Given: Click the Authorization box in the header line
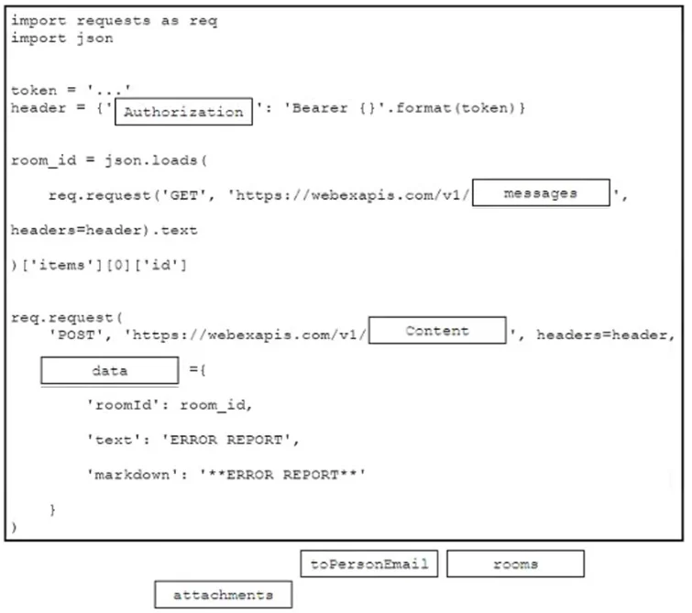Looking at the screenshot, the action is point(183,112).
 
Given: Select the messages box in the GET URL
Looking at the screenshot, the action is point(541,192).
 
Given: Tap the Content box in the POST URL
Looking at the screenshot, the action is point(437,330).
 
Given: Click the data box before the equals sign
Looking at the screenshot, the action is point(110,370).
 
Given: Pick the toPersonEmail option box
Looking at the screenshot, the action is point(369,564).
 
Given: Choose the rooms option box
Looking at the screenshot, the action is point(515,564).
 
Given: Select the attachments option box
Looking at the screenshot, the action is point(224,595).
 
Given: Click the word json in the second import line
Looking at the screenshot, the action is point(95,38).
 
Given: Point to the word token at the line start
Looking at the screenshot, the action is point(34,91).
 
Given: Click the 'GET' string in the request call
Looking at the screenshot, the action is point(184,195).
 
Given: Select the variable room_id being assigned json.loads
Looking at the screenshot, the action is point(43,160).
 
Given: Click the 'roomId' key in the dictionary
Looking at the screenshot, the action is point(123,405).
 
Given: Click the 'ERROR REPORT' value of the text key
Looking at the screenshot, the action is point(226,440).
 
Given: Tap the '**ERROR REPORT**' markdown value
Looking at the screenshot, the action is point(282,475).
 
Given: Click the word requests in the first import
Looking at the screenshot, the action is point(114,21).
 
